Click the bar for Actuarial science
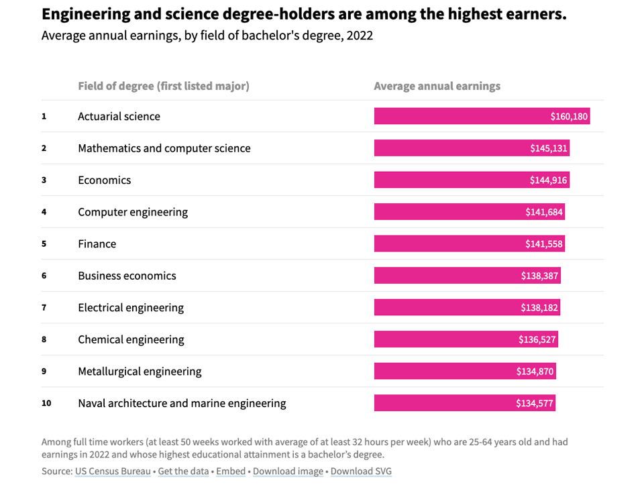point(482,117)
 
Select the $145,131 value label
point(548,148)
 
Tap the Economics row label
point(105,180)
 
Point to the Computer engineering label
point(133,212)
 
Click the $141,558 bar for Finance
point(469,244)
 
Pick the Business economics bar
point(467,276)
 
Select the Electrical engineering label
point(131,308)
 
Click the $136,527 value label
point(537,339)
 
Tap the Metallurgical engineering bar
point(465,372)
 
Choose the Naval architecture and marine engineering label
point(182,403)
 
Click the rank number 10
point(46,403)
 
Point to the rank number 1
point(44,117)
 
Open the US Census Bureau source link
point(113,471)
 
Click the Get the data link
point(183,471)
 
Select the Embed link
point(231,471)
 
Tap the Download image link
point(288,471)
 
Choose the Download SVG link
point(361,471)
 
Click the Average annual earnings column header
point(437,86)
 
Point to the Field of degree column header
point(164,86)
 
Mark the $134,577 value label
point(535,403)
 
